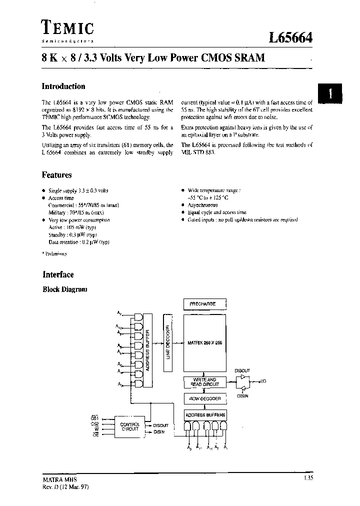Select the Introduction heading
[x=63, y=86]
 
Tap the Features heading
[x=56, y=175]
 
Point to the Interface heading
[x=58, y=274]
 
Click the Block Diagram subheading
[x=65, y=289]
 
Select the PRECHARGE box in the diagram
[x=204, y=303]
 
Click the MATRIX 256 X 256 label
[x=204, y=343]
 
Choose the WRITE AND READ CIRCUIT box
[x=204, y=382]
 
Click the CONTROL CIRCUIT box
[x=130, y=426]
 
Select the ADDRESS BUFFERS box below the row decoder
[x=204, y=414]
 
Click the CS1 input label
[x=94, y=417]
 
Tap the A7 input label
[x=119, y=313]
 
